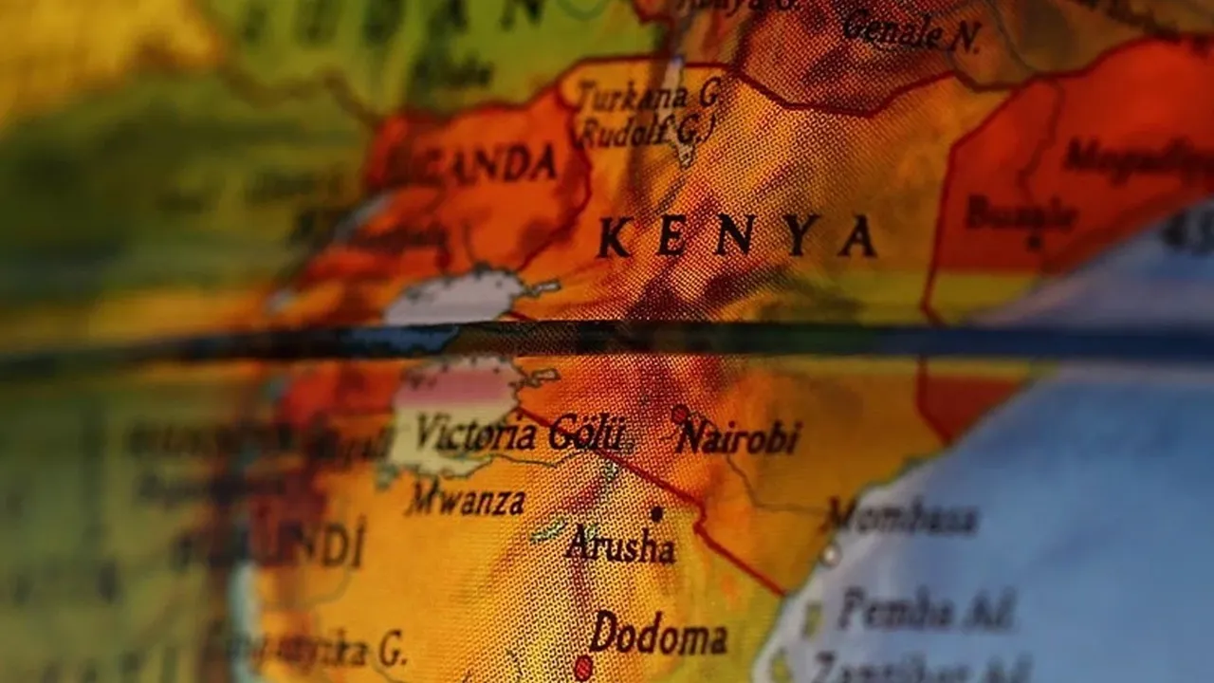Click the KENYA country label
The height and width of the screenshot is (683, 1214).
pyautogui.click(x=736, y=236)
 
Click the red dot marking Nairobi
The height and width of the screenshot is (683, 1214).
pyautogui.click(x=679, y=415)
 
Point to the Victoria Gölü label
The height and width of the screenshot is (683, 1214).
pyautogui.click(x=520, y=434)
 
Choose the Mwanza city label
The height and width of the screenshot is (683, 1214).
pyautogui.click(x=465, y=500)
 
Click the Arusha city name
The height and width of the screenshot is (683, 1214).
pyautogui.click(x=620, y=545)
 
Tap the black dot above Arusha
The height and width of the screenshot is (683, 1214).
pyautogui.click(x=655, y=513)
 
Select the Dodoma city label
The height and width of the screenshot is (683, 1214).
pyautogui.click(x=658, y=634)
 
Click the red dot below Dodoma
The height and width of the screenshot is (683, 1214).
pyautogui.click(x=582, y=668)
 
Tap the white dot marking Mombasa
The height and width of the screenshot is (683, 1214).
pyautogui.click(x=830, y=553)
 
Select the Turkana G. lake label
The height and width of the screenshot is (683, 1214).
pyautogui.click(x=651, y=95)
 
